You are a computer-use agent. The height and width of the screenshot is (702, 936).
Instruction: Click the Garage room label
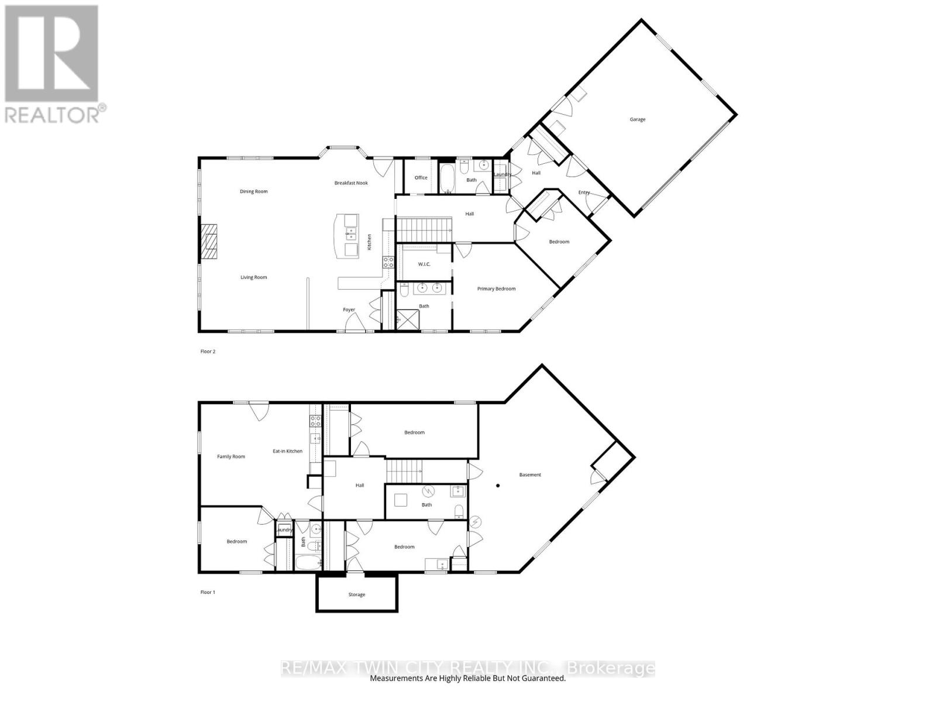(637, 119)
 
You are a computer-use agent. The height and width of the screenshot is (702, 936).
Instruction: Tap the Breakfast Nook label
(351, 183)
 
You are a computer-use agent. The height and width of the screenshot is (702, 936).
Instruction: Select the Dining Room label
(253, 191)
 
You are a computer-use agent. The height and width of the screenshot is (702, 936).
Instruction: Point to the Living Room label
(253, 277)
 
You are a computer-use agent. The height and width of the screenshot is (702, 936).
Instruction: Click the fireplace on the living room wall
(209, 242)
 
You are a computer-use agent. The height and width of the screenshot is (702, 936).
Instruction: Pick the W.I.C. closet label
(424, 264)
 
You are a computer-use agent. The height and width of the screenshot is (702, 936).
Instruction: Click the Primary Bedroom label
(496, 289)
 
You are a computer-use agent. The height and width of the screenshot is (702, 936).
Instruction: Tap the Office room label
(421, 178)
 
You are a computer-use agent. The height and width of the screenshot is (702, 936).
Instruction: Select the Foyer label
(349, 310)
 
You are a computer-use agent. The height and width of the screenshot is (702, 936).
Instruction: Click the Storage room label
(356, 595)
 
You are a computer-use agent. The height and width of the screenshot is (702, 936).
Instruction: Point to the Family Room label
(231, 457)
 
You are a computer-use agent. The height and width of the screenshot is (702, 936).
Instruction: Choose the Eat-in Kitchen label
(287, 451)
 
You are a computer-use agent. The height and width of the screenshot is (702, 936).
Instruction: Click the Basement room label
(530, 475)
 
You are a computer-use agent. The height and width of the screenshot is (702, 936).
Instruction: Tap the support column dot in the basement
(498, 485)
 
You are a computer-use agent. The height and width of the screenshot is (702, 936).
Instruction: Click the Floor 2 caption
(208, 352)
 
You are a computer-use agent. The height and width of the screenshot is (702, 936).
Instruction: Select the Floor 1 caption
(208, 593)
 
